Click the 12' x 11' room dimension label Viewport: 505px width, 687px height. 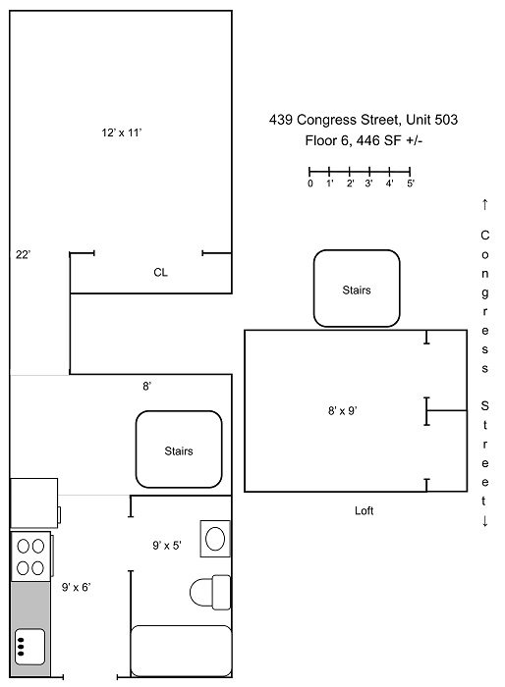pos(122,132)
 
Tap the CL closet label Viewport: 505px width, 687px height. pos(160,273)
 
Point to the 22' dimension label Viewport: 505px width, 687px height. pos(23,254)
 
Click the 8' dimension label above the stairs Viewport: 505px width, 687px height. pos(147,386)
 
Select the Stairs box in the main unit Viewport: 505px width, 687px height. pos(179,449)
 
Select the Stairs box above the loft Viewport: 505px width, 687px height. pos(357,289)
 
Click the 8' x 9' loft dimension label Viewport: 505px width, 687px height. pos(343,410)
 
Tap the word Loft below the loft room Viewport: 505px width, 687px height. pos(365,510)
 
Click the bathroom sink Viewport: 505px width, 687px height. pos(215,539)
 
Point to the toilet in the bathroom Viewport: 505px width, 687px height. pos(210,593)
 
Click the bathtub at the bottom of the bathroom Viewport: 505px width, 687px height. pos(181,651)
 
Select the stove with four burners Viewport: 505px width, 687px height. pos(30,556)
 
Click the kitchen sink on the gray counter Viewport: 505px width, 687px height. pos(29,647)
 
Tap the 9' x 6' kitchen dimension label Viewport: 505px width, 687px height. pos(76,587)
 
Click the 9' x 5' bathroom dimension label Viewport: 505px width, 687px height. pos(167,546)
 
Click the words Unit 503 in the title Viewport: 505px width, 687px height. pos(431,120)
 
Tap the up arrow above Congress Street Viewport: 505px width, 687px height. pos(484,204)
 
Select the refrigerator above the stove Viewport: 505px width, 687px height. pos(34,502)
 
